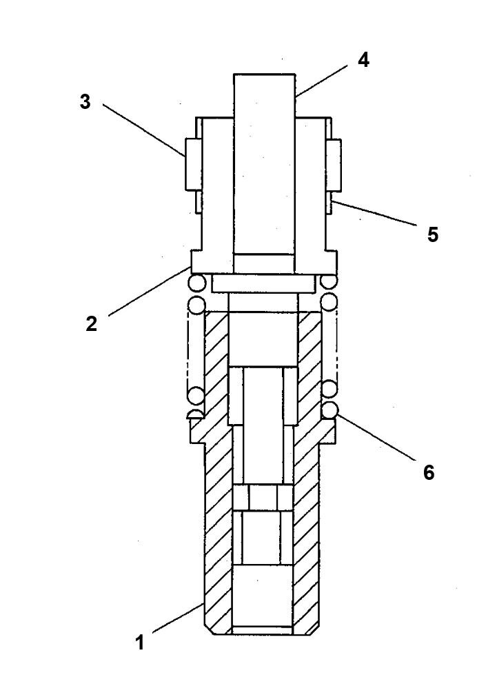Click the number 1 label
140,643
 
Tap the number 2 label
92,324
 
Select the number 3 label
85,102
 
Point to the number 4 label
363,60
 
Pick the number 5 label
432,234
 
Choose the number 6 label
429,472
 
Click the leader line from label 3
143,130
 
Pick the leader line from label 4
324,80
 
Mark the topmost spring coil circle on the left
196,283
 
